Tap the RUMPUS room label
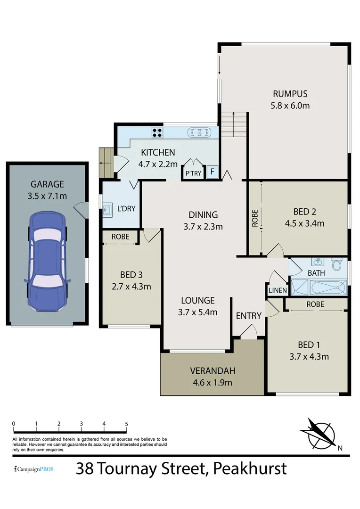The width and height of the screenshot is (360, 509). click(290, 93)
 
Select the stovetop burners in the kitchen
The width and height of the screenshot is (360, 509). click(157, 133)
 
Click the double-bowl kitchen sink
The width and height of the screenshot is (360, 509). click(199, 132)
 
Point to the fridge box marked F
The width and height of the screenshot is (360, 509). click(213, 172)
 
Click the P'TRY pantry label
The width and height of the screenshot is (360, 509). click(193, 173)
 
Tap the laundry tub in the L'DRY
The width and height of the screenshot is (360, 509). click(107, 210)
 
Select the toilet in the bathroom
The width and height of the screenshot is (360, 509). click(336, 265)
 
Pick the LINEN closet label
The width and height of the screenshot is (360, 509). click(277, 291)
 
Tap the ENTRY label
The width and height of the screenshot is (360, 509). click(248, 316)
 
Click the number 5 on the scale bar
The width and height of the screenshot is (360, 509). click(126, 424)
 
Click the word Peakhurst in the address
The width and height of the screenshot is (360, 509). click(250, 469)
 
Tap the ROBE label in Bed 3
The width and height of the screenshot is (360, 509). click(120, 237)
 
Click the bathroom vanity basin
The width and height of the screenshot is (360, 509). click(316, 262)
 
